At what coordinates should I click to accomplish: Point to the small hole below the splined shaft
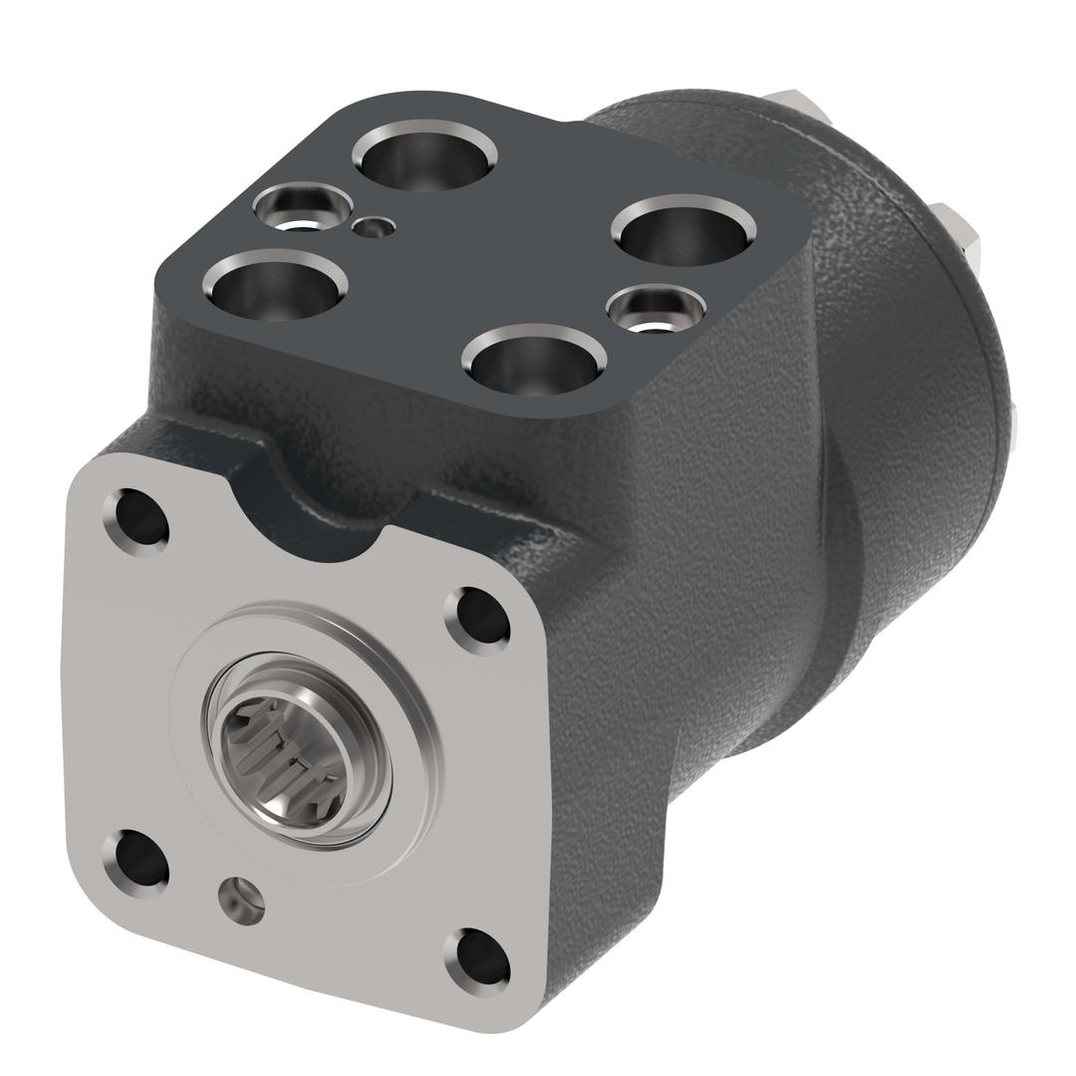(242, 899)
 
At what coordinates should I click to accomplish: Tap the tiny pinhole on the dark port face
(374, 228)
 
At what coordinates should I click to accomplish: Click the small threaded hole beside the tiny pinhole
(302, 207)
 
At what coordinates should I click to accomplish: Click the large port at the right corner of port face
(682, 230)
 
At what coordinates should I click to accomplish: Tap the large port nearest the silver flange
(535, 361)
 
